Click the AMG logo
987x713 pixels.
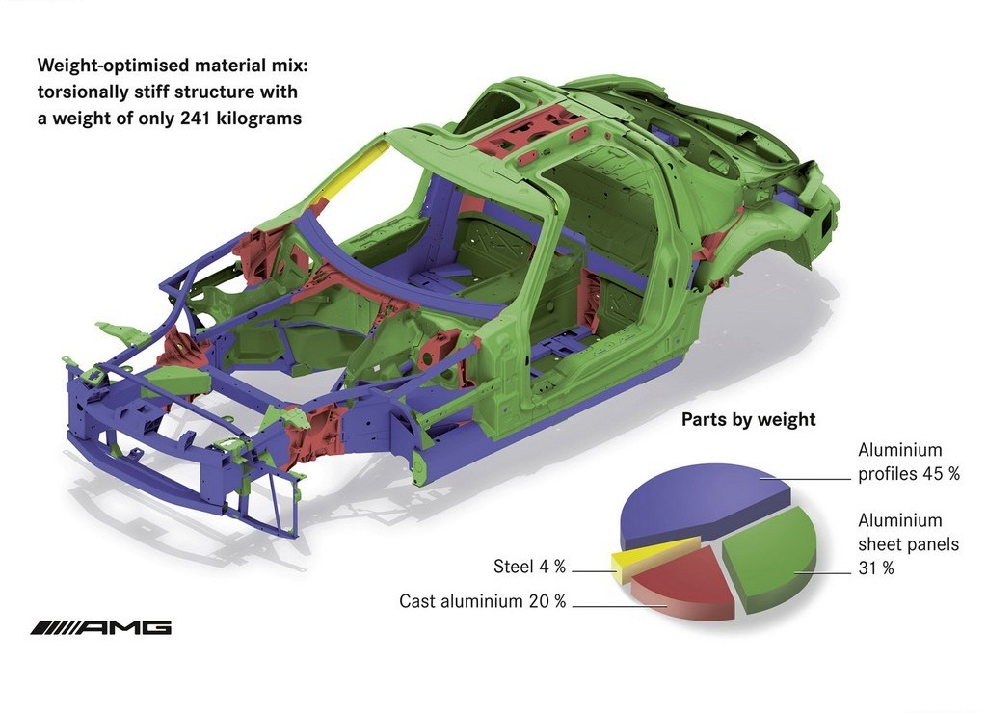[x=100, y=627]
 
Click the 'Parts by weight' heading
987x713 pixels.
[x=748, y=420]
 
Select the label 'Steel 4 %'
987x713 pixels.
[x=529, y=567]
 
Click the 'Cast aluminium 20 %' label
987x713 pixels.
[x=482, y=601]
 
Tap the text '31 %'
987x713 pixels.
[x=876, y=568]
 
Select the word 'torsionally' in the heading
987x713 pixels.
[x=83, y=92]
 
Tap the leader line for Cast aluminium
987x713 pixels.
[x=620, y=606]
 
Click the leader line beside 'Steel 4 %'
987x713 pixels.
[x=594, y=571]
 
